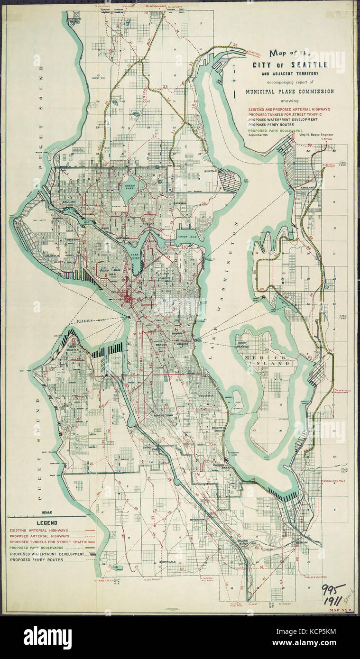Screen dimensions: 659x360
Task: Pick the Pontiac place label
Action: point(211,170)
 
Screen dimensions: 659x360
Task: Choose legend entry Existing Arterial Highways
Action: point(38,530)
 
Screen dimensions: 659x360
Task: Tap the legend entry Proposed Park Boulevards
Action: point(37,548)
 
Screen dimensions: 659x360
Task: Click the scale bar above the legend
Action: point(47,515)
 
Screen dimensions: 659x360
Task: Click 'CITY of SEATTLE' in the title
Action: point(290,64)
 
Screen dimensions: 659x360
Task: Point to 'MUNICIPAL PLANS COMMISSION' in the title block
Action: point(289,92)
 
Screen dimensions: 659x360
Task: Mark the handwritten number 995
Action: point(333,590)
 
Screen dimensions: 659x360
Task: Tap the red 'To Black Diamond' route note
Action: point(317,577)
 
